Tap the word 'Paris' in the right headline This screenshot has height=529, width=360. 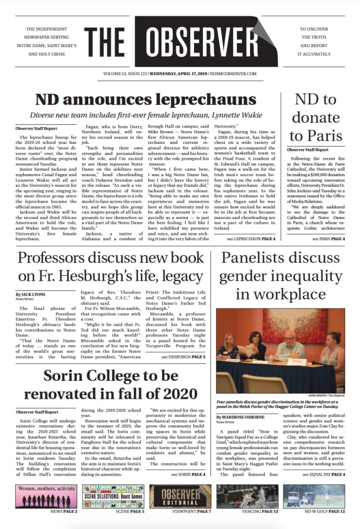324,135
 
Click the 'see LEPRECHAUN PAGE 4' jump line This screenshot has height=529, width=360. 251,239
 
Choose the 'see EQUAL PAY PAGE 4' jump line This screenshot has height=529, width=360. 324,475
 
